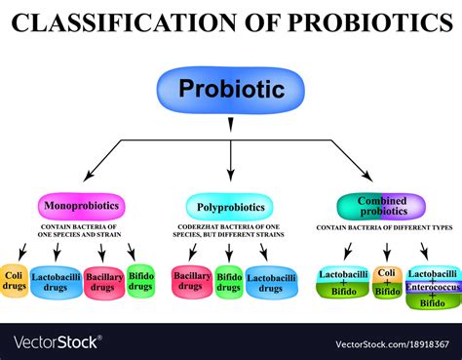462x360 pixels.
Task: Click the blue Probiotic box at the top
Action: point(231,89)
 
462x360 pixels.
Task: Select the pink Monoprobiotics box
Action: point(82,206)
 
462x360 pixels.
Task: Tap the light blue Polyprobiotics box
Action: point(229,206)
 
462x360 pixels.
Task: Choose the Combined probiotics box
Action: point(381,206)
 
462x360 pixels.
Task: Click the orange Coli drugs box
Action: point(14,280)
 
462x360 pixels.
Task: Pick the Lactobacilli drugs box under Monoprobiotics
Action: point(57,281)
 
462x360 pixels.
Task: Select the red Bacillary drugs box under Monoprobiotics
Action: point(104,282)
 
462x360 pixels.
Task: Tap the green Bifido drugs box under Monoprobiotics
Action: point(141,281)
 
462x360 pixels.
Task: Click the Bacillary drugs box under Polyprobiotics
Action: point(192,281)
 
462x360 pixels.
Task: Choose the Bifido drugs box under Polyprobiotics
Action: point(229,281)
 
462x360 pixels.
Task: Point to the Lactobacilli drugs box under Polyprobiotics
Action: point(271,281)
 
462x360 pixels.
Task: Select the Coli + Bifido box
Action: point(387,282)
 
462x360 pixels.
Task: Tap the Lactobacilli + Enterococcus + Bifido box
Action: point(433,288)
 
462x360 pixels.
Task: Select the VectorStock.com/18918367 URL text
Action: point(395,343)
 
